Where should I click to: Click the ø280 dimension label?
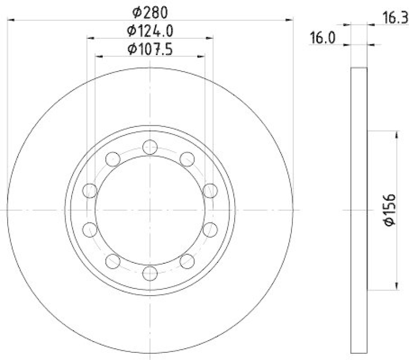click(x=150, y=11)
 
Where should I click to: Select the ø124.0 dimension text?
click(x=150, y=31)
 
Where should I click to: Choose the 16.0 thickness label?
click(x=321, y=39)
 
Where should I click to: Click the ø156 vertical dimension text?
click(x=390, y=210)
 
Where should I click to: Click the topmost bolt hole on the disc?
click(x=150, y=147)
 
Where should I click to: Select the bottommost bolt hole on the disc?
click(x=150, y=273)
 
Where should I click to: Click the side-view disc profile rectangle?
click(x=359, y=210)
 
